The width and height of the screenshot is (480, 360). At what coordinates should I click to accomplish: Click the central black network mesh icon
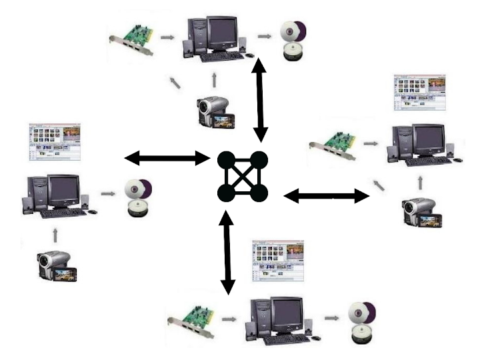(243, 177)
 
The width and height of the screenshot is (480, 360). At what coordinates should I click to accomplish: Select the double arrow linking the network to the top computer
(258, 100)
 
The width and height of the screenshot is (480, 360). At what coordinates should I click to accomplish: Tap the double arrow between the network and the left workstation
(167, 158)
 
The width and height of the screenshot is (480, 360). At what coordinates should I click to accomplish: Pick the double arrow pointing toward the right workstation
(326, 195)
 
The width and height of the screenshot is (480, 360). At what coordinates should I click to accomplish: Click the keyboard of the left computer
(63, 213)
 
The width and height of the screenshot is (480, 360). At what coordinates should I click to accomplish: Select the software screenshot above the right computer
(419, 92)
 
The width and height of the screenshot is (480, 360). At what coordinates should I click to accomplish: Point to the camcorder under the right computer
(421, 213)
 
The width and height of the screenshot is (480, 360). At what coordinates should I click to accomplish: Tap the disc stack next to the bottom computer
(361, 322)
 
